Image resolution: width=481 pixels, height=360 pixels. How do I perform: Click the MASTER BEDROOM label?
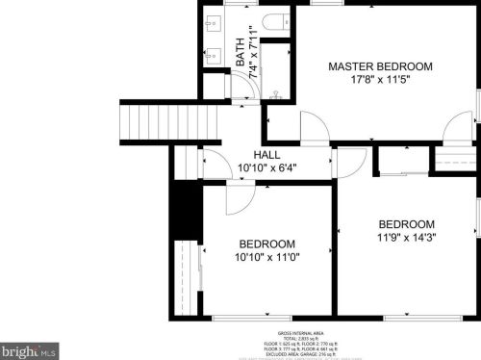point(380,66)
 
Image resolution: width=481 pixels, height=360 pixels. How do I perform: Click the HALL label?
point(267,155)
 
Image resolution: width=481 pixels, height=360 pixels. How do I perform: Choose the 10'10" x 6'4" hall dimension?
point(267,168)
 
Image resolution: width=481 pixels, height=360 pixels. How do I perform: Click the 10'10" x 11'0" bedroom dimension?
point(267,258)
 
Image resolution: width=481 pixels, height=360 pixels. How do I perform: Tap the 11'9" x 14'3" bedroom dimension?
point(405,237)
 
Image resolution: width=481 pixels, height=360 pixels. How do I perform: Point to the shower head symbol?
point(276,95)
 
